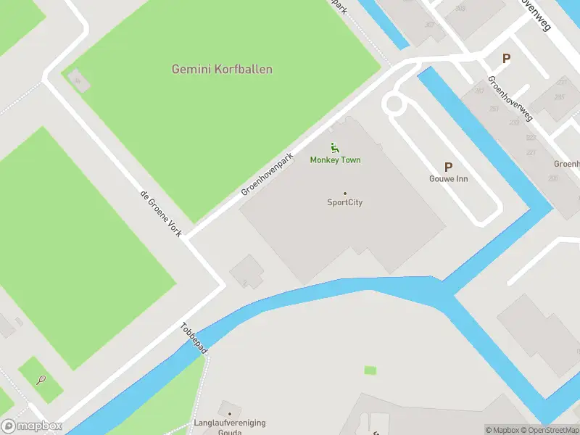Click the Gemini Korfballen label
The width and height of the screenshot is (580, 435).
pos(222,70)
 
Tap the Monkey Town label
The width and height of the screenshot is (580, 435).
pos(335,159)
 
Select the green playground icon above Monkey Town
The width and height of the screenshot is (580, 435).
pos(334,148)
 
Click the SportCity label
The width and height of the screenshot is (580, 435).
pos(344,202)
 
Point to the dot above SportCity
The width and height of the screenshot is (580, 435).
pos(344,194)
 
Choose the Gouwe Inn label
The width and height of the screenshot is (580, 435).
pos(447,178)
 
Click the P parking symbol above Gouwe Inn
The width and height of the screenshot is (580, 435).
pos(448,167)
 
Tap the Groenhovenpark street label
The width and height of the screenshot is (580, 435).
pos(268,174)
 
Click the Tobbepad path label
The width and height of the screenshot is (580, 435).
pos(194,339)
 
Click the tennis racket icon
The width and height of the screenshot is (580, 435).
pos(41,379)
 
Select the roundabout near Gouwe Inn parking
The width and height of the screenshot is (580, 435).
pos(394,104)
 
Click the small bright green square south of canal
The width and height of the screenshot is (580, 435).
pos(370,370)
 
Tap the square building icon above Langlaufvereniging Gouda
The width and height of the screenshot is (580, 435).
pos(230,410)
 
